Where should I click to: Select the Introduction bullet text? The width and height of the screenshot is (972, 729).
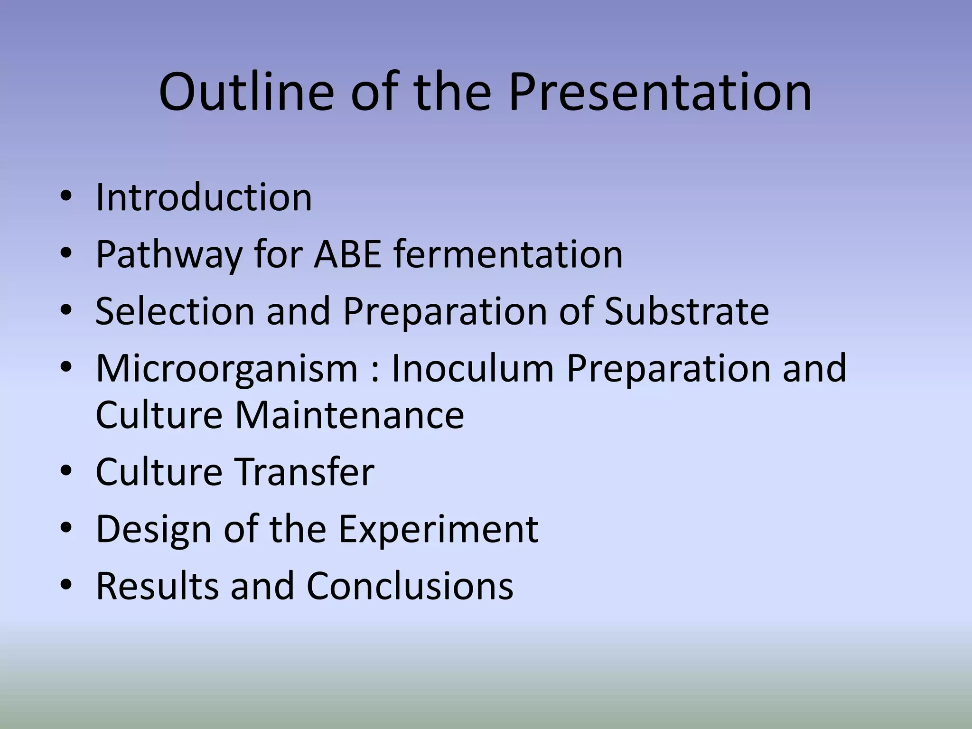tap(204, 197)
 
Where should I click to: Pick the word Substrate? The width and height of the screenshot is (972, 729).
tap(686, 311)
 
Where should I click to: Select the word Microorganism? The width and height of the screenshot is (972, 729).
tap(227, 369)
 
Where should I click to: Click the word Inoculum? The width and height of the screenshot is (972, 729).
tap(473, 368)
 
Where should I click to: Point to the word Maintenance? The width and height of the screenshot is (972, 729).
tap(349, 415)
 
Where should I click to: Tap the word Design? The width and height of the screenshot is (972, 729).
tap(154, 530)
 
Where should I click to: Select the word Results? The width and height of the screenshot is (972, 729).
tap(157, 586)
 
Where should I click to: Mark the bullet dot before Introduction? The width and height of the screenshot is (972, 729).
tap(66, 197)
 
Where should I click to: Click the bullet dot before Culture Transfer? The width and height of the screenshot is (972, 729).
tap(66, 472)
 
